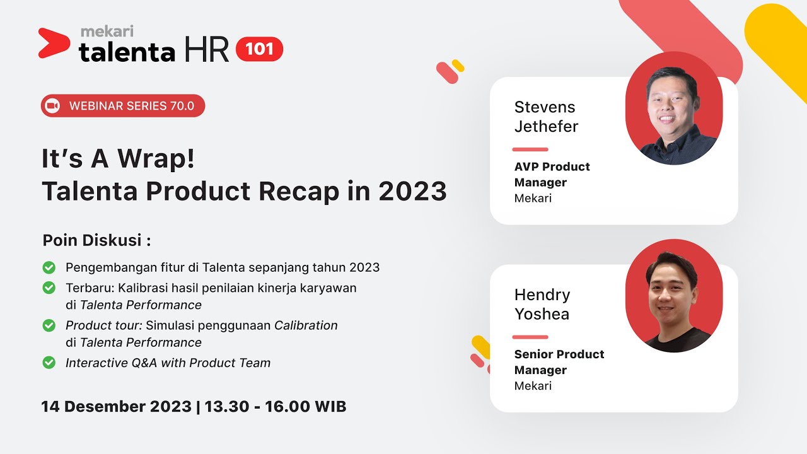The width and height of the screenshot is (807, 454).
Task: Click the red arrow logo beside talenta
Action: pos(53,43)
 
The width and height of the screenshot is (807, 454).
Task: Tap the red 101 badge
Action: pos(259,49)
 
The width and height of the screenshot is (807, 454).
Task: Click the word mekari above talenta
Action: pos(107,31)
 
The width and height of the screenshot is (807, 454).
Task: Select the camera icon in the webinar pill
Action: pos(53,106)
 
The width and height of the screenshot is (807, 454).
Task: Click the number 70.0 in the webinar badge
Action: pos(182,106)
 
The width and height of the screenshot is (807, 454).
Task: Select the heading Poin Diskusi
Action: pos(96,241)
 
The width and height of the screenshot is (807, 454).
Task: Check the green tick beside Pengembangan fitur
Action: pos(49,267)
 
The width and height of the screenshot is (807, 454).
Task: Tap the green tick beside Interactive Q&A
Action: pos(49,363)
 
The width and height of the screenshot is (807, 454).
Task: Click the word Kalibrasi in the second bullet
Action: pos(147,288)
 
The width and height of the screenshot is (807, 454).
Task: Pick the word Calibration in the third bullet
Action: pos(306,325)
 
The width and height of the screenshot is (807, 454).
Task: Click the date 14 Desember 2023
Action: pos(116,407)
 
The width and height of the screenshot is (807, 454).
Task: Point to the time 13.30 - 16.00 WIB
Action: pos(276,407)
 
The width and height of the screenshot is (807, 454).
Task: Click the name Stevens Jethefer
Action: pos(546,117)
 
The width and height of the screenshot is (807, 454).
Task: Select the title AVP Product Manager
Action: pos(552,175)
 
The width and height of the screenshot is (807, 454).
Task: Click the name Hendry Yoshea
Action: pos(542,304)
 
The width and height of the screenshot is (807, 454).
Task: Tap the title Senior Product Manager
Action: pos(559,362)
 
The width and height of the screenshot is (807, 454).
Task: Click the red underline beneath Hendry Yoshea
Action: pos(530,337)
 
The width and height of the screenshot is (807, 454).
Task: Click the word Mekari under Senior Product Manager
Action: pos(533,386)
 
